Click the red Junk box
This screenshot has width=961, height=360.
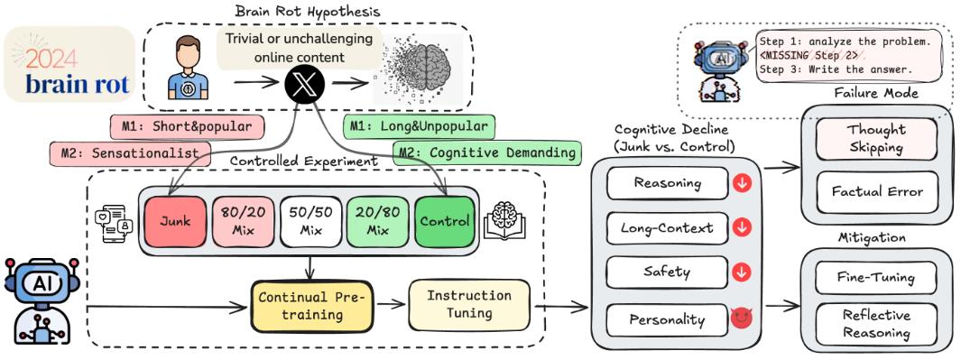pyautogui.click(x=175, y=222)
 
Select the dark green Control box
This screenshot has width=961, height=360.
pyautogui.click(x=444, y=222)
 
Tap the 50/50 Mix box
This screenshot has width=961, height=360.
pyautogui.click(x=310, y=222)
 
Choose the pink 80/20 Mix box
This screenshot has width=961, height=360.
pyautogui.click(x=242, y=222)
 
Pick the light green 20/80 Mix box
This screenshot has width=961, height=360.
pyautogui.click(x=376, y=222)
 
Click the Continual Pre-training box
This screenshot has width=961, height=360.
pyautogui.click(x=311, y=306)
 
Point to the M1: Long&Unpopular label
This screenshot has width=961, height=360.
pyautogui.click(x=420, y=126)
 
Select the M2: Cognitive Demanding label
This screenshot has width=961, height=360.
pyautogui.click(x=487, y=152)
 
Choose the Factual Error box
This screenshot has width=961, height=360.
pyautogui.click(x=877, y=191)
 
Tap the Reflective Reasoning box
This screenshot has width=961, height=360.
pyautogui.click(x=876, y=324)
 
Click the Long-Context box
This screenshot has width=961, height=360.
pyautogui.click(x=666, y=228)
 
